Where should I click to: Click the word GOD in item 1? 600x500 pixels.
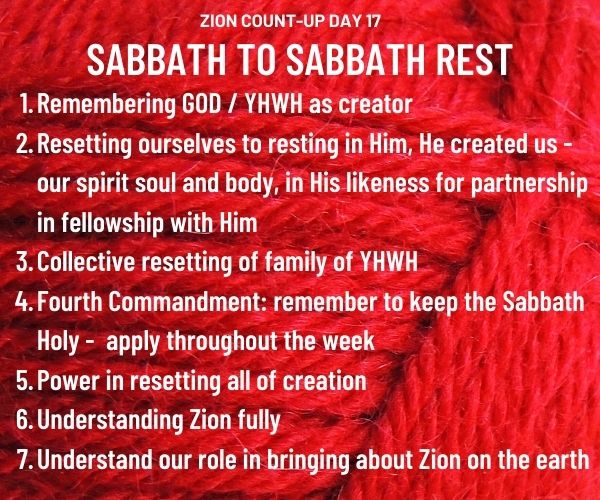201,104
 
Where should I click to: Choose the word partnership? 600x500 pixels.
529,184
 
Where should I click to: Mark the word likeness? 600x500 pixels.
388,183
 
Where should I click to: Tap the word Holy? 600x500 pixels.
57,342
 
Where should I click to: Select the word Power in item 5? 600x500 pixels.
68,381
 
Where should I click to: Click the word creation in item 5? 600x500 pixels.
324,381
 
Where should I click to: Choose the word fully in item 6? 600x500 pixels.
259,421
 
